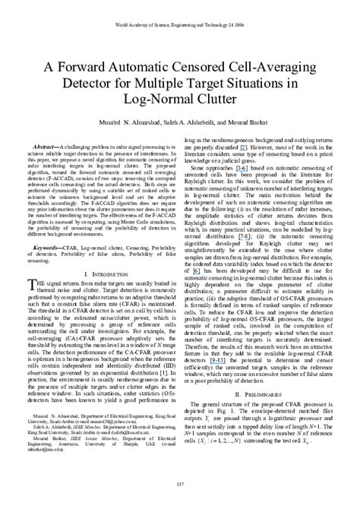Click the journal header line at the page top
click(180, 8)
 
